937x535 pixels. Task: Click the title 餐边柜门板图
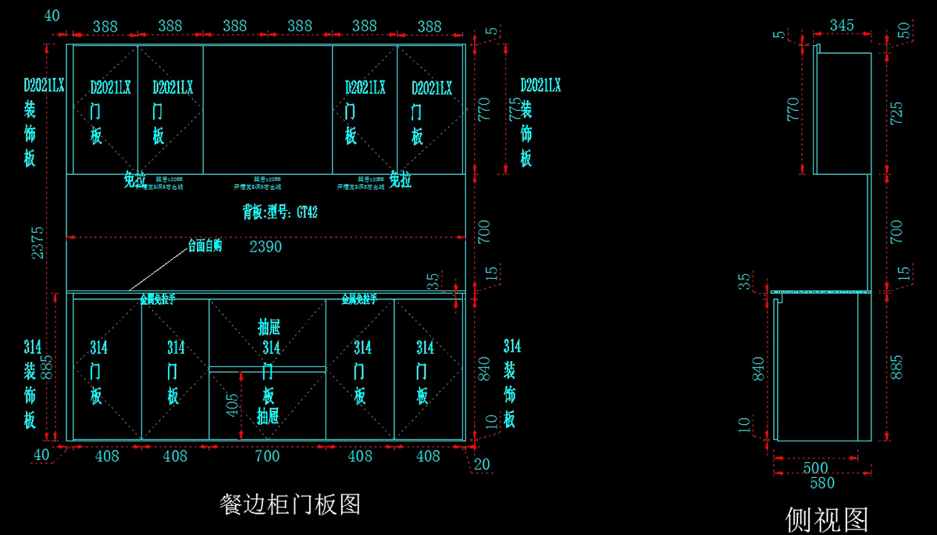(x=290, y=504)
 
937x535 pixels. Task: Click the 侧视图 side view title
(x=827, y=518)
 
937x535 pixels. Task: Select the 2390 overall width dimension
(x=265, y=247)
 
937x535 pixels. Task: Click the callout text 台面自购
(x=205, y=245)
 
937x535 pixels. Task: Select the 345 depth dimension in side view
(x=841, y=26)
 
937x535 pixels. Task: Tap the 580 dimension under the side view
(x=822, y=483)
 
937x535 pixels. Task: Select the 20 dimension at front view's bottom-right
(x=483, y=464)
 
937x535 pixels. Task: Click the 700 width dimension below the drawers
(x=267, y=455)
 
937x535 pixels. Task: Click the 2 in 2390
(x=254, y=247)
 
